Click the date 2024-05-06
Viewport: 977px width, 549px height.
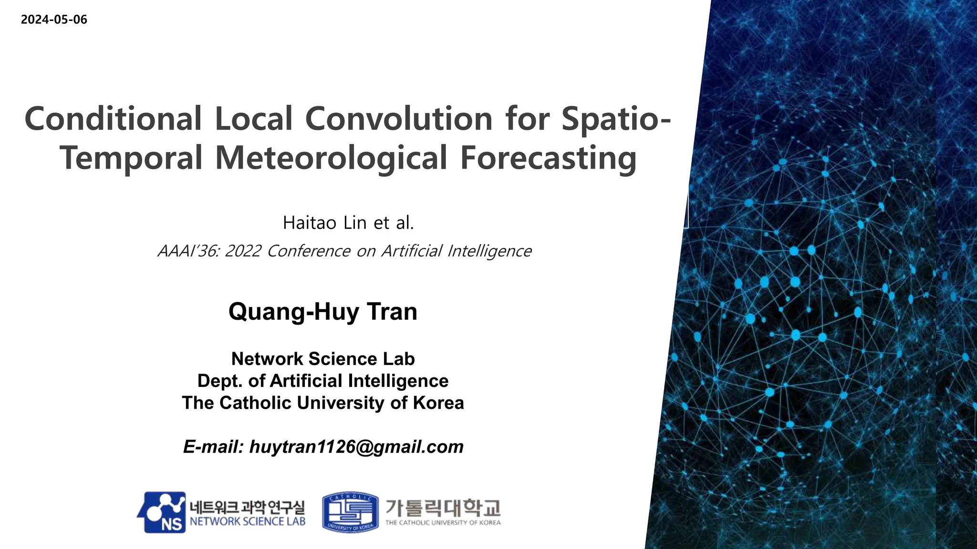tap(54, 20)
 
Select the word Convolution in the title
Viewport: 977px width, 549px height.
tap(398, 119)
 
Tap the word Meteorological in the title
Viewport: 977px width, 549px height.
tap(331, 158)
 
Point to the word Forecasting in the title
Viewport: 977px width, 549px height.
tap(548, 159)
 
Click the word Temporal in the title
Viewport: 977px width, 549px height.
tap(131, 159)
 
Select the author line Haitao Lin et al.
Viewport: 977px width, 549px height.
tap(348, 223)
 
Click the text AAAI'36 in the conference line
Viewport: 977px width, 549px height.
tap(187, 251)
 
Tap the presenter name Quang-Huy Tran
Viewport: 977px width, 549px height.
tap(323, 312)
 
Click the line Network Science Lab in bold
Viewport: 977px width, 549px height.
tap(323, 359)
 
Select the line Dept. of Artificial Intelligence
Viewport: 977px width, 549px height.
tap(323, 381)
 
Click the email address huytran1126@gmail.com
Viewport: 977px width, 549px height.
tap(356, 447)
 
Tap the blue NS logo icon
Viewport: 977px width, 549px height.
tap(162, 512)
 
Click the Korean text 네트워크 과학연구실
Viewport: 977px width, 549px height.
tap(247, 507)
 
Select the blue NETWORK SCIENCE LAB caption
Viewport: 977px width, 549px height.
tap(247, 521)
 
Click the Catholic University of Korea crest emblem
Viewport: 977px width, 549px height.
tap(350, 512)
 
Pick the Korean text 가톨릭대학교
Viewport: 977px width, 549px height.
tap(443, 508)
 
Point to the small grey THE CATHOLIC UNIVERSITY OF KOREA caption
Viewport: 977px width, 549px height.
tap(443, 523)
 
